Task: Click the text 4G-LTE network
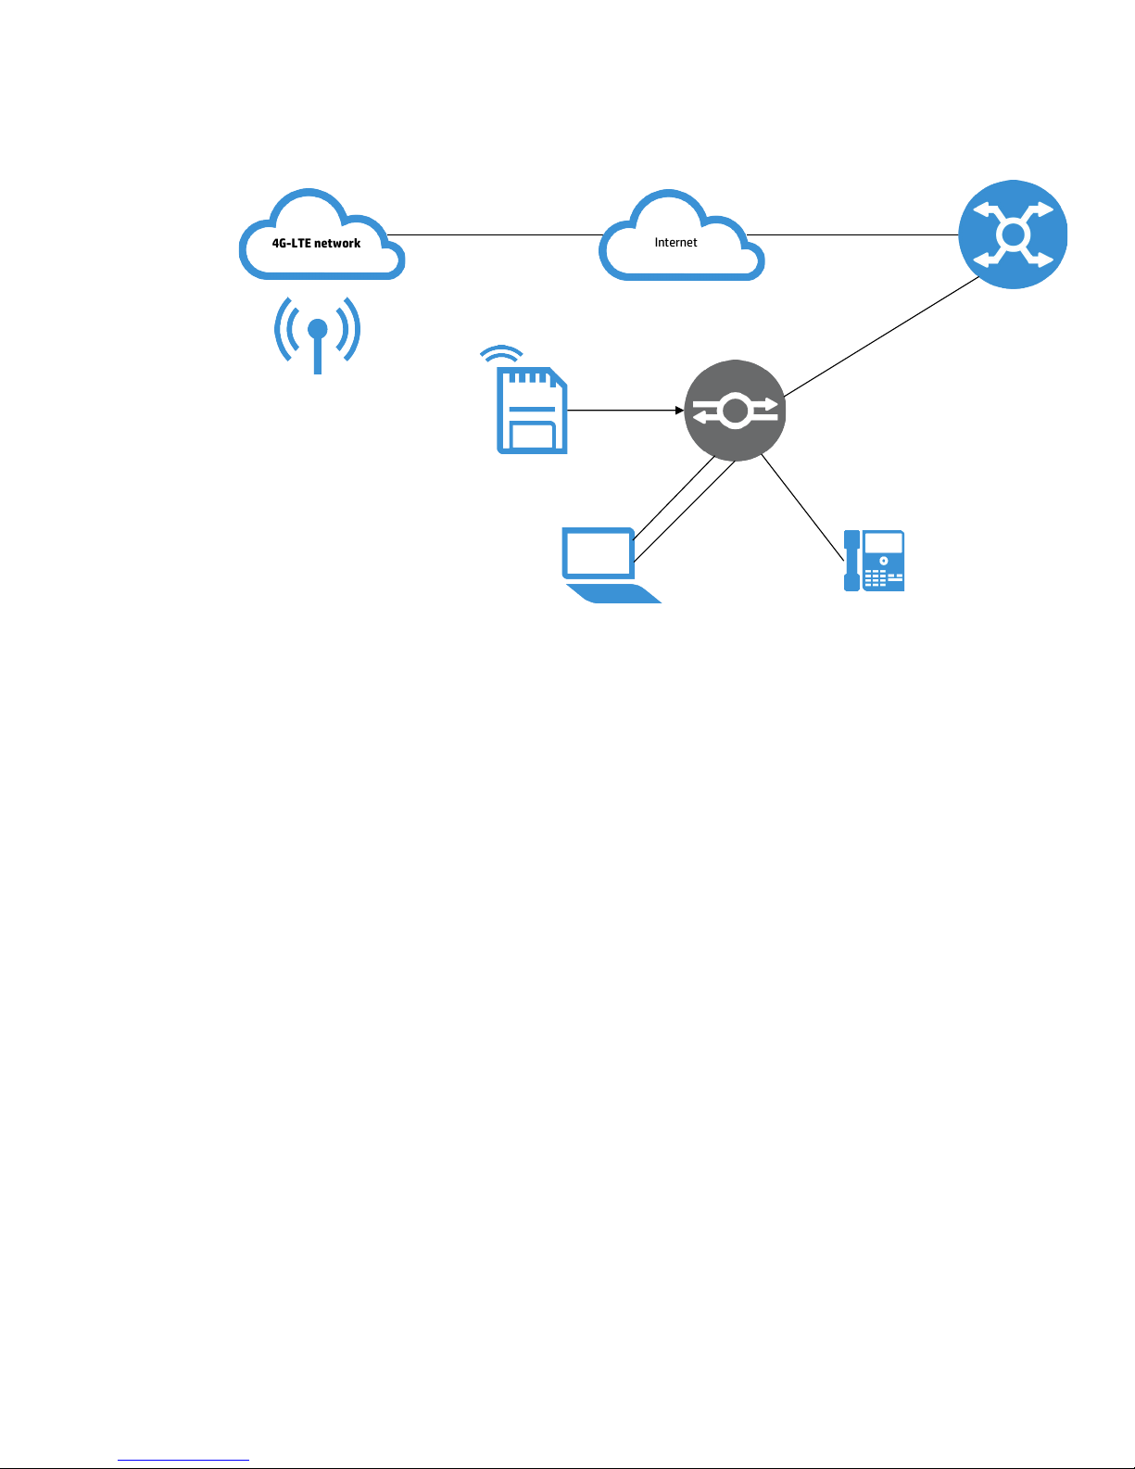coord(316,243)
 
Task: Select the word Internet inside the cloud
coord(675,242)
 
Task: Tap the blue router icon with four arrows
coord(1013,234)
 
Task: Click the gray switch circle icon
coord(735,411)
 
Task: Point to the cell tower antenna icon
coord(317,335)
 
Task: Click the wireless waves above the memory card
coord(501,354)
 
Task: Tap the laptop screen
coord(599,553)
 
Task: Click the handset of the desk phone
coord(851,561)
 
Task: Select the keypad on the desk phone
coord(876,578)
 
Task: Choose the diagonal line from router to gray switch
coord(881,336)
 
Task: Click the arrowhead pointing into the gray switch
coord(679,410)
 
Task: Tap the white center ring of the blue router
coord(1013,234)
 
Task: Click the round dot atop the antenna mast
coord(317,328)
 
